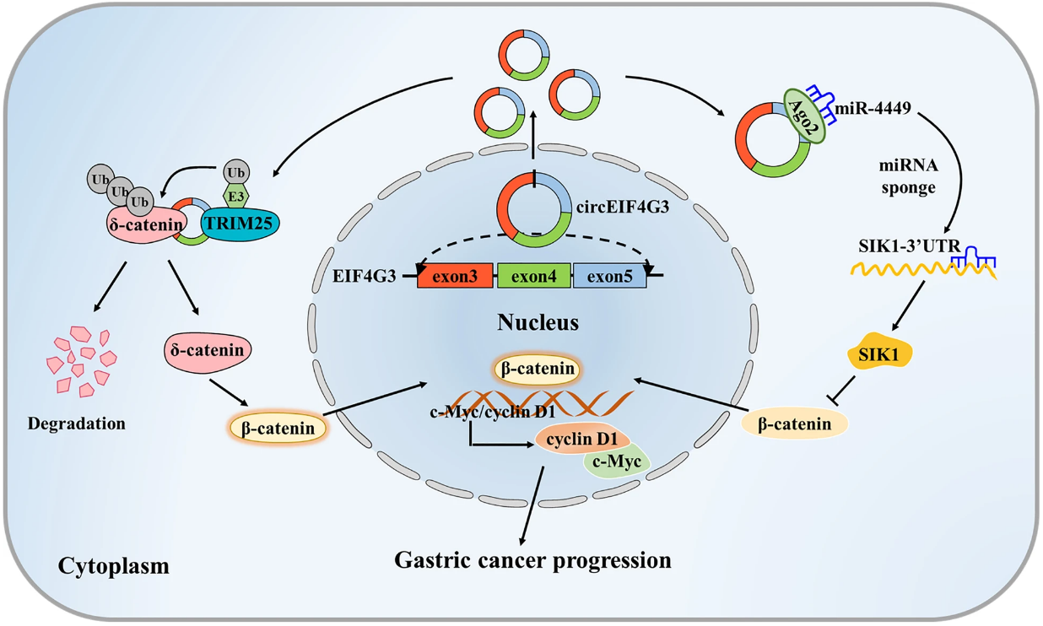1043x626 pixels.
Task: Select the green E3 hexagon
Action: tap(235, 197)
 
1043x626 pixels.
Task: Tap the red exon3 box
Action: tap(455, 275)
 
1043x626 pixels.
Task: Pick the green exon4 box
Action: tap(533, 275)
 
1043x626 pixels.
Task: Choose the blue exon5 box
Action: tap(609, 275)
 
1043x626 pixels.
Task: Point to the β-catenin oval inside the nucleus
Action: tap(538, 369)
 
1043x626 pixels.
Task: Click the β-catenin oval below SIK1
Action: tap(794, 424)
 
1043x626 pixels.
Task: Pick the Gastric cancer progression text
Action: tap(533, 559)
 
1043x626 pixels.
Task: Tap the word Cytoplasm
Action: tap(114, 565)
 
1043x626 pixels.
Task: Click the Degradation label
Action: tap(76, 423)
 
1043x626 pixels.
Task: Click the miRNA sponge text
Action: tap(907, 176)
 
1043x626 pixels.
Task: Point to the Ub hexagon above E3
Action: tap(235, 172)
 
